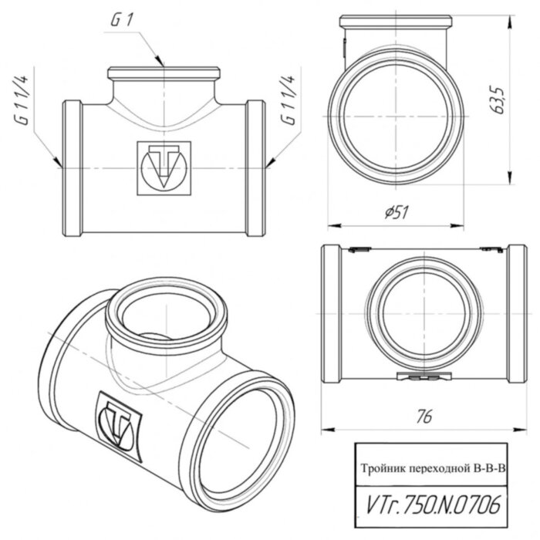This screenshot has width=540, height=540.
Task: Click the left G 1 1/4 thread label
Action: pos(23,100)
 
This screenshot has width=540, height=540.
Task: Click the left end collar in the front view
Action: pos(71,167)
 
